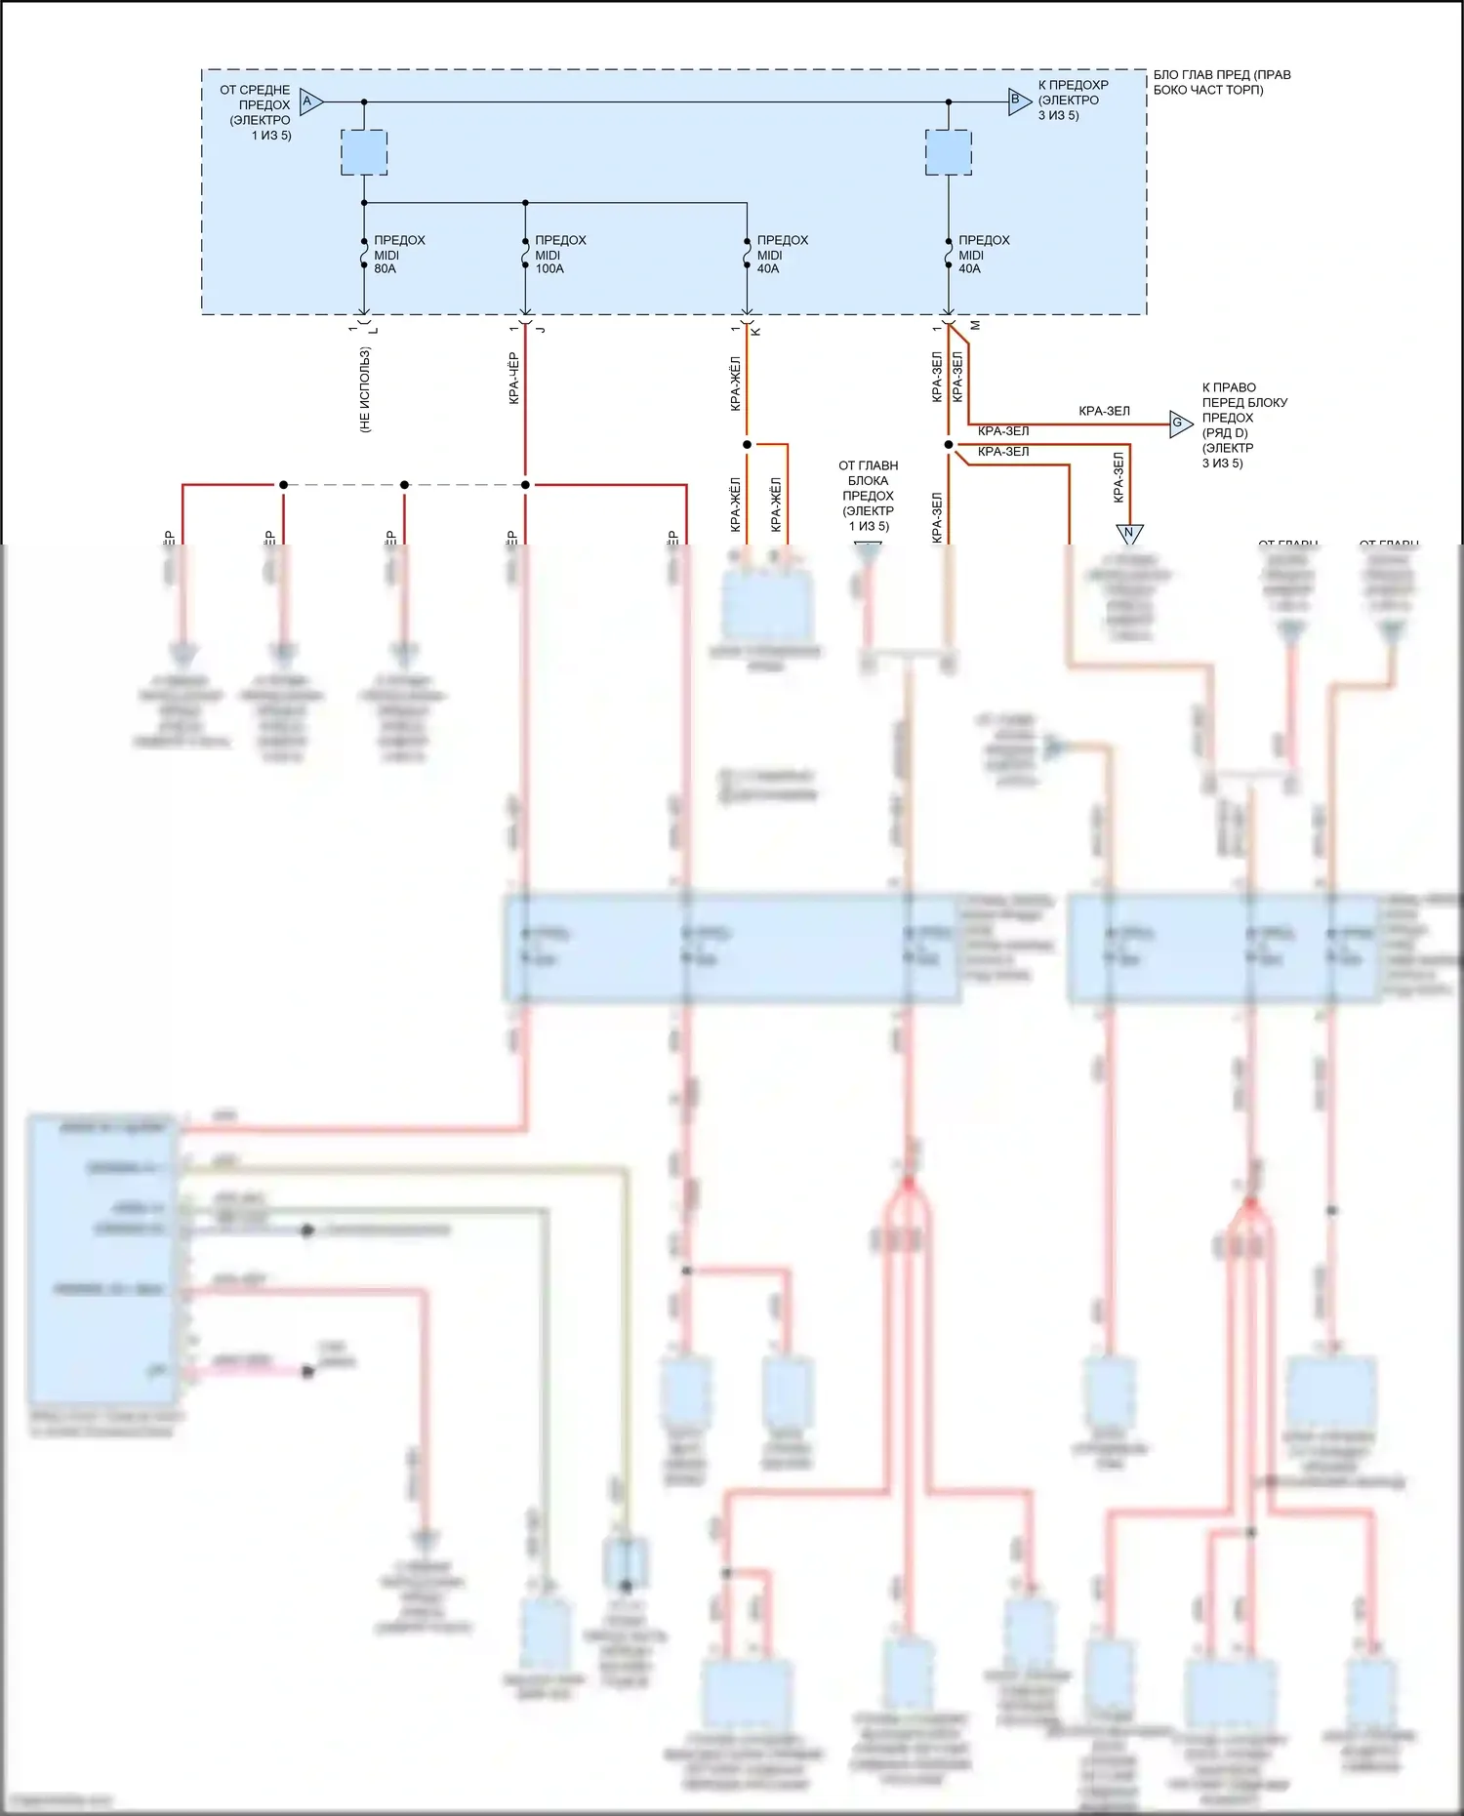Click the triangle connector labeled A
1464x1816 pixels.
309,101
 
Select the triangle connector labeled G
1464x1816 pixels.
1179,424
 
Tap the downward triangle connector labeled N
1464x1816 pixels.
1129,533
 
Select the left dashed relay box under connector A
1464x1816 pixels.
364,153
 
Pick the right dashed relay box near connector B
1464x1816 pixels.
948,153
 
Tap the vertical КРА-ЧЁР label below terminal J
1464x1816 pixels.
513,379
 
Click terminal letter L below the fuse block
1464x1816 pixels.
373,331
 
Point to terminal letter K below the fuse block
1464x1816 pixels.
756,331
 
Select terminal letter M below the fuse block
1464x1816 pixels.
975,325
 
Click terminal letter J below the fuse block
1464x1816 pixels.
540,330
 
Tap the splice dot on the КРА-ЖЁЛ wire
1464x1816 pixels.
747,445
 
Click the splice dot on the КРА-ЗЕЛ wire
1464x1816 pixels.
948,445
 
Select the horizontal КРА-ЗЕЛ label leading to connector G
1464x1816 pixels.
1104,412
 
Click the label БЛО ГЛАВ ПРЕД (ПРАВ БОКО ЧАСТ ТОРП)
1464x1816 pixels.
1221,82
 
